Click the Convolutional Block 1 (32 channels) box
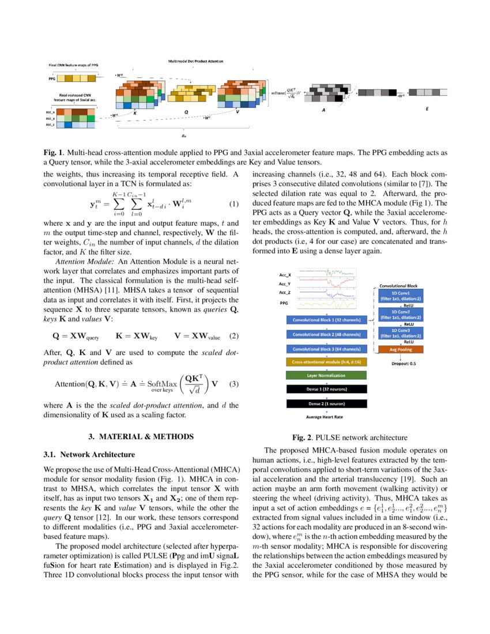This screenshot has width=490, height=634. pyautogui.click(x=326, y=319)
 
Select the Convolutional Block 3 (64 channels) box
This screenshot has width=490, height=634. pyautogui.click(x=326, y=349)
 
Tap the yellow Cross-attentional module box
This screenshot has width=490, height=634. pyautogui.click(x=326, y=362)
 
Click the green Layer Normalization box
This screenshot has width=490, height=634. pyautogui.click(x=326, y=375)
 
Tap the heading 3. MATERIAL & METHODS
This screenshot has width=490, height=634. pyautogui.click(x=141, y=436)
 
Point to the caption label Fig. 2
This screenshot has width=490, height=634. pyautogui.click(x=305, y=437)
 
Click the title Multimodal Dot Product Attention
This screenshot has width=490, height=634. pyautogui.click(x=195, y=61)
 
